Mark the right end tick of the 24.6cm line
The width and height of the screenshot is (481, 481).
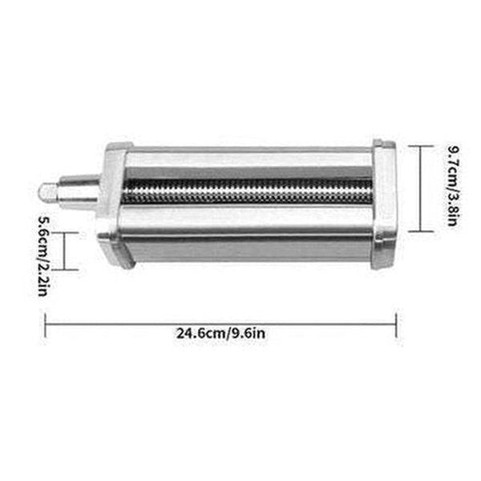click(396, 323)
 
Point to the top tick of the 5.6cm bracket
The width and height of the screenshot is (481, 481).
click(66, 233)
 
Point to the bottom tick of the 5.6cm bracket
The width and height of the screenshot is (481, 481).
click(66, 270)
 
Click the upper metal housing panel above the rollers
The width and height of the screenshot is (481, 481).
click(249, 164)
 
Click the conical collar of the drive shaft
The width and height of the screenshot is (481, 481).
click(84, 191)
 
